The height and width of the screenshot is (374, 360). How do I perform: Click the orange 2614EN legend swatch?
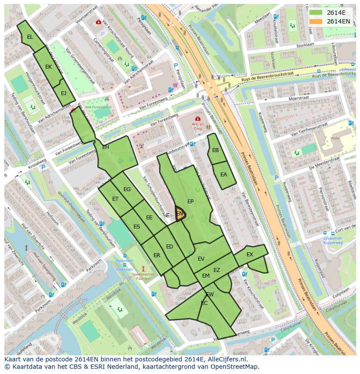pos(316,21)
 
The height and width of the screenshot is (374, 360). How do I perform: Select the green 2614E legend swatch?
pos(316,13)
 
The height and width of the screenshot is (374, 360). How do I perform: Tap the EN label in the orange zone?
pos(180,214)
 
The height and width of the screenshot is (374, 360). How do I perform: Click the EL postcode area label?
pos(30,37)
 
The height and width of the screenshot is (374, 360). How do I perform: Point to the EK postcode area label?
pos(48,67)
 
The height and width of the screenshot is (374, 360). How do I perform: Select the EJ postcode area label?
pos(63,93)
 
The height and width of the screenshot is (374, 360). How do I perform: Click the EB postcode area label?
pos(215,150)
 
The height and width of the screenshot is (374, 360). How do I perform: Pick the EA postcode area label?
pos(223,175)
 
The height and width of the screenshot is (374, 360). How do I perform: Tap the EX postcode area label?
pos(250,255)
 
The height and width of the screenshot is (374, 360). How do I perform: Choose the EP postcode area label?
pos(190,202)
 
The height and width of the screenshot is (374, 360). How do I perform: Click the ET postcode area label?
pos(115,199)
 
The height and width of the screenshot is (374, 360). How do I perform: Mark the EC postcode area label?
pos(204,303)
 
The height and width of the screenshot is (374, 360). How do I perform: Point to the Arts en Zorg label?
pos(198,125)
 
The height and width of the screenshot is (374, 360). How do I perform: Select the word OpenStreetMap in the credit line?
pos(233,367)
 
